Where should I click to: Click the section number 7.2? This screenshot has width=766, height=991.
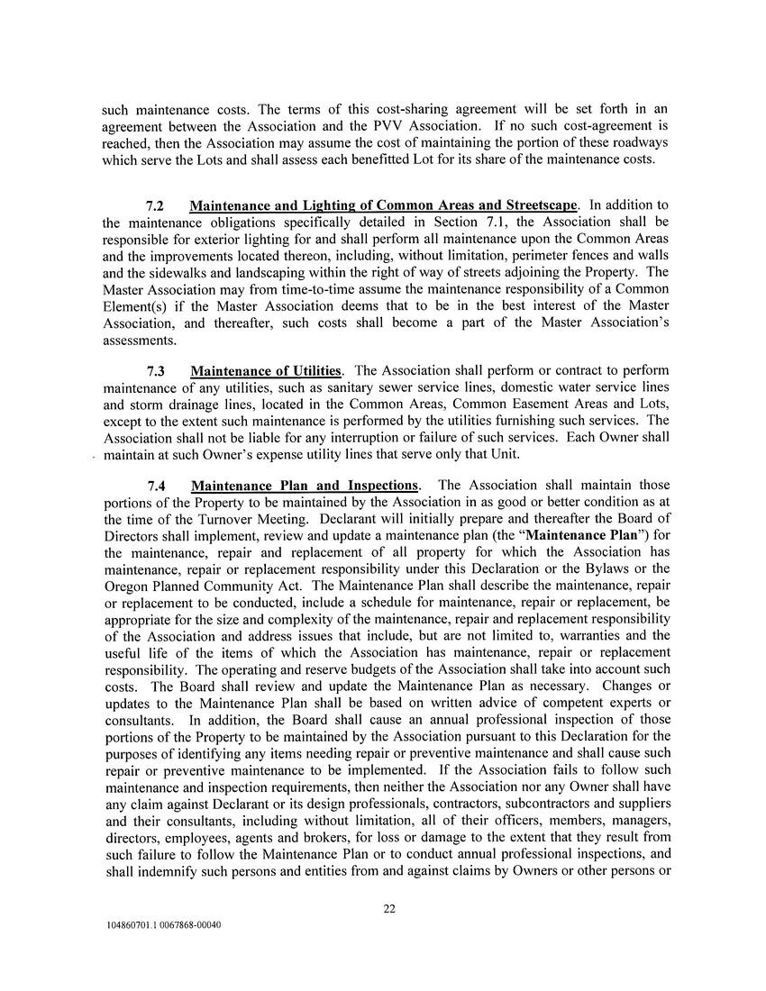click(158, 205)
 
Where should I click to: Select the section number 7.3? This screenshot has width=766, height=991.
click(158, 371)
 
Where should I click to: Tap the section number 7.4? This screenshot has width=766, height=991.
click(158, 486)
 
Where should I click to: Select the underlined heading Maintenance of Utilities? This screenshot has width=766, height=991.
click(266, 371)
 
